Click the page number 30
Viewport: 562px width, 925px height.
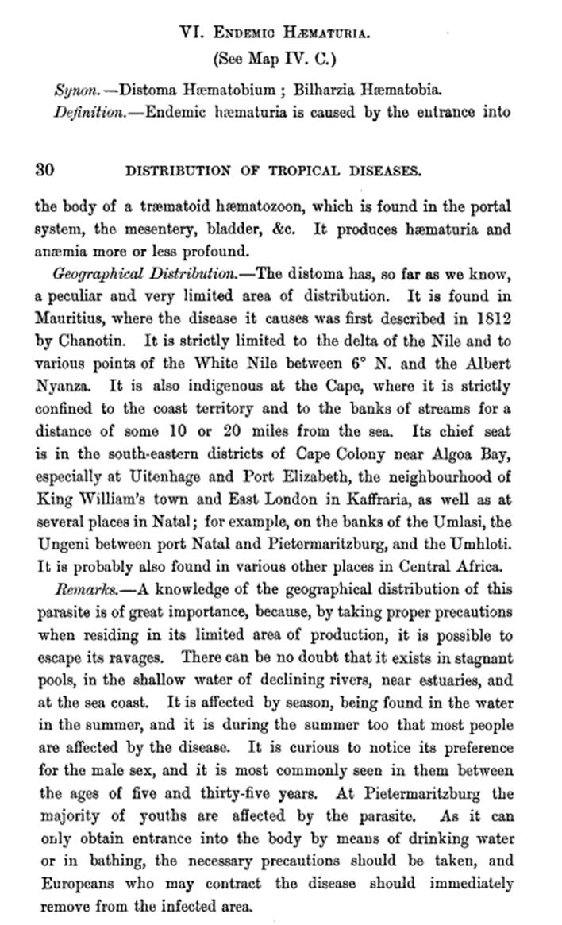[44, 169]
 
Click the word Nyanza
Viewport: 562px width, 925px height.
[61, 386]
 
